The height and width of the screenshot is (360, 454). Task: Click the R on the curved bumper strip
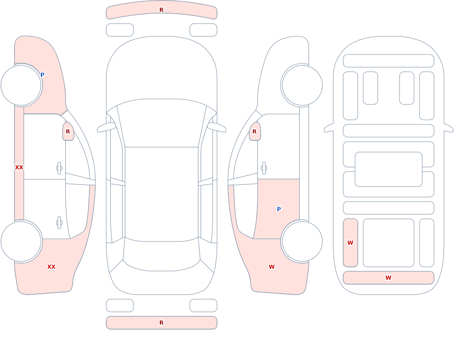(162, 10)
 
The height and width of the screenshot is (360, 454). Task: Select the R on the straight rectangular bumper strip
(162, 323)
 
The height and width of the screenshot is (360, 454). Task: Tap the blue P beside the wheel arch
(42, 75)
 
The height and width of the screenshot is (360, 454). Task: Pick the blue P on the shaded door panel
(279, 209)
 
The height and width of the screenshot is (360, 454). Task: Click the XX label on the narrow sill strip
(19, 168)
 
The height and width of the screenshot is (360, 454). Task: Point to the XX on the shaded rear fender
(51, 267)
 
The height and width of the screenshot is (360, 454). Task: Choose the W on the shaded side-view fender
(271, 267)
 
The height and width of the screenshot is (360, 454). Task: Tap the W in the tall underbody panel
(350, 243)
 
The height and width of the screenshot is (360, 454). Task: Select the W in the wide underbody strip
(388, 278)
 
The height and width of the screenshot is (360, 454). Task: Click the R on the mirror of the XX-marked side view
(68, 132)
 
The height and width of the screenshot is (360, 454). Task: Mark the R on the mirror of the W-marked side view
(255, 132)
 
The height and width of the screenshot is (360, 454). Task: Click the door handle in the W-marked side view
(264, 168)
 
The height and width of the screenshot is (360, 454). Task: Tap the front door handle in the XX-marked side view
(59, 168)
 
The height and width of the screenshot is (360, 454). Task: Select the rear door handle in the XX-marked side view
(59, 223)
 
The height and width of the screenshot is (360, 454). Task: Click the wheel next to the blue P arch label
(21, 85)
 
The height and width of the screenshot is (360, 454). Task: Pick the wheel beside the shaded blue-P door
(302, 241)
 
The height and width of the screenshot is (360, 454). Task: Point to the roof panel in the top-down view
(162, 193)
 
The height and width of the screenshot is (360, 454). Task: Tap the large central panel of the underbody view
(389, 169)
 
